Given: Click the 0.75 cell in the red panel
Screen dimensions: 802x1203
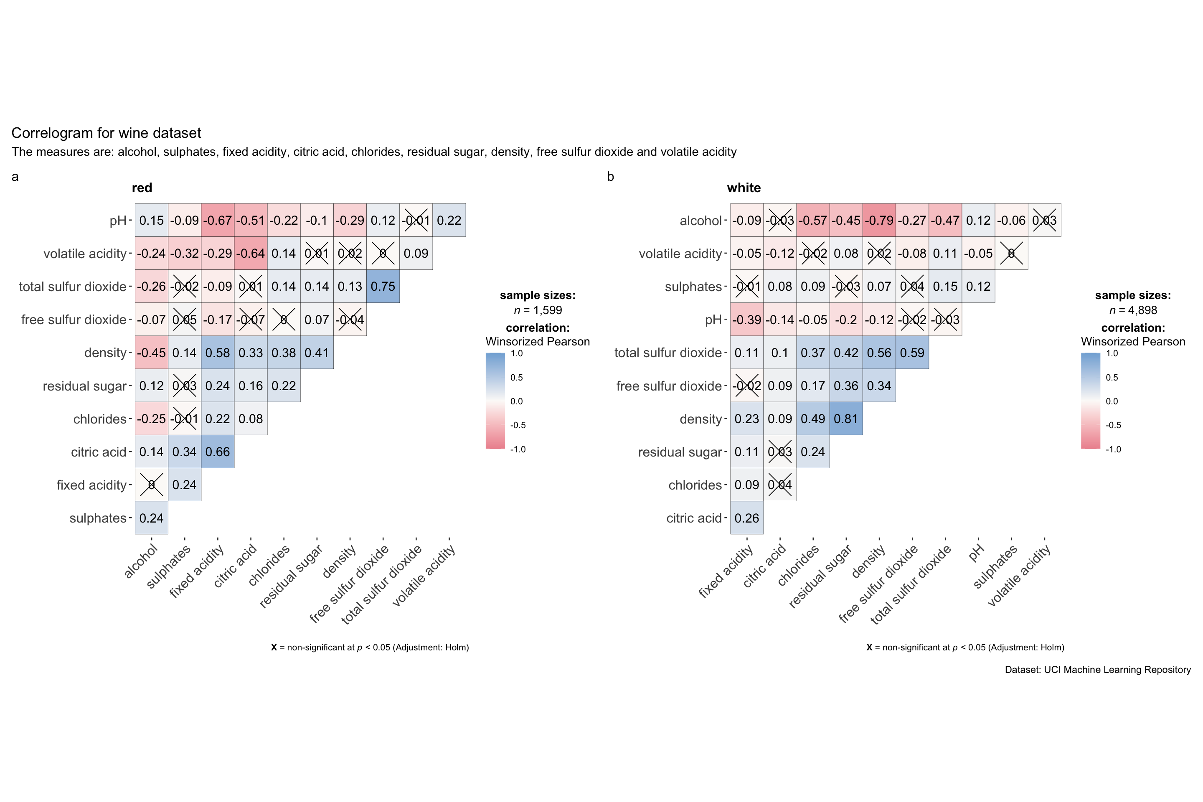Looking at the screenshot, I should pyautogui.click(x=383, y=287).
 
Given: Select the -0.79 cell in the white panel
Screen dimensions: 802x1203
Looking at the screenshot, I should pyautogui.click(x=879, y=221).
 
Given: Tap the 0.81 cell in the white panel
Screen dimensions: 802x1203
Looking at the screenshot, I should pyautogui.click(x=846, y=419).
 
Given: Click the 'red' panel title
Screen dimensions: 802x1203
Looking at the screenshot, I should pyautogui.click(x=142, y=188).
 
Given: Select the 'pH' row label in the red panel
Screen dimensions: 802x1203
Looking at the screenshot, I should pyautogui.click(x=118, y=221).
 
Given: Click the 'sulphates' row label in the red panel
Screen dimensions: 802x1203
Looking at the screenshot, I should pyautogui.click(x=98, y=518).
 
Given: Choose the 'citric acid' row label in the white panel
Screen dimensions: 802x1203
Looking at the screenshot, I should pyautogui.click(x=693, y=518).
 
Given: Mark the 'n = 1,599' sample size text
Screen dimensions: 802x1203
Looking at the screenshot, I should pyautogui.click(x=538, y=310).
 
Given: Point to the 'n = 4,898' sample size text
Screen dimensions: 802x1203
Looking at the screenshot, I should pyautogui.click(x=1133, y=310).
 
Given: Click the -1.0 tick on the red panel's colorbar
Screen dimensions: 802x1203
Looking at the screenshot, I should pyautogui.click(x=518, y=449).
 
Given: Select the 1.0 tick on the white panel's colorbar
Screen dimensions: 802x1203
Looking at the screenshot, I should pyautogui.click(x=1112, y=353).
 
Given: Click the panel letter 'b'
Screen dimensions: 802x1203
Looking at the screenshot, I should pyautogui.click(x=610, y=176).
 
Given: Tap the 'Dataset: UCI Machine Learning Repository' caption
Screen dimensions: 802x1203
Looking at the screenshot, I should pyautogui.click(x=1098, y=670).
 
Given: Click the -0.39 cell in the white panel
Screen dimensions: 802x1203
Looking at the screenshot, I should pyautogui.click(x=747, y=320).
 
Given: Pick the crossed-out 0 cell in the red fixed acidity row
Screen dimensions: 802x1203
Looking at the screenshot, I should pyautogui.click(x=151, y=485).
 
